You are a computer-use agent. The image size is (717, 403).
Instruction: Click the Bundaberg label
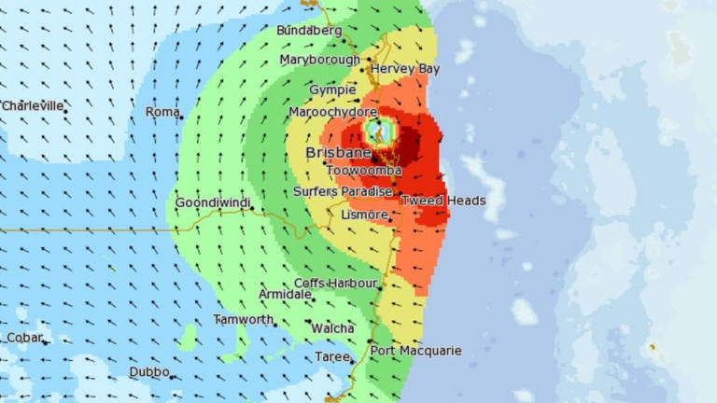tap(309, 31)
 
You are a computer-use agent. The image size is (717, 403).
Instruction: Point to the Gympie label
tap(332, 90)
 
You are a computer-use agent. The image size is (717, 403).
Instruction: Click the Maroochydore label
tap(332, 112)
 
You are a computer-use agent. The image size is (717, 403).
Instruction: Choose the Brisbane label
tap(338, 153)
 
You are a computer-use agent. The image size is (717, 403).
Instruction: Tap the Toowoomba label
tap(364, 171)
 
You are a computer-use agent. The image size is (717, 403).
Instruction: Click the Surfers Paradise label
tap(343, 191)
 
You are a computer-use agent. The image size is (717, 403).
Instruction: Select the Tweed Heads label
tap(443, 201)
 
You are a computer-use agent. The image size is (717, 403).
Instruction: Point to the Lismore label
tap(364, 215)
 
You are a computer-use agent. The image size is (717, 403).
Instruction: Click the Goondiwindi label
tap(214, 202)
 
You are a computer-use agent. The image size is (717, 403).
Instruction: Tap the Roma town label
tap(162, 112)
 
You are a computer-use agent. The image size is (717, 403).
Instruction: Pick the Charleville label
tap(33, 106)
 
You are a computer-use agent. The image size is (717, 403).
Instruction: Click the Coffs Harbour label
tap(336, 283)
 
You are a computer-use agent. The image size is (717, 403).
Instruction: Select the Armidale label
tap(285, 295)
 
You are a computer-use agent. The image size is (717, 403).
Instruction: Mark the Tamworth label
tap(243, 319)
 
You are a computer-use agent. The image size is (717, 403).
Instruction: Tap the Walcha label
tap(332, 328)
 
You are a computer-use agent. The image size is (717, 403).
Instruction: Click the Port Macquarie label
tap(415, 351)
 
